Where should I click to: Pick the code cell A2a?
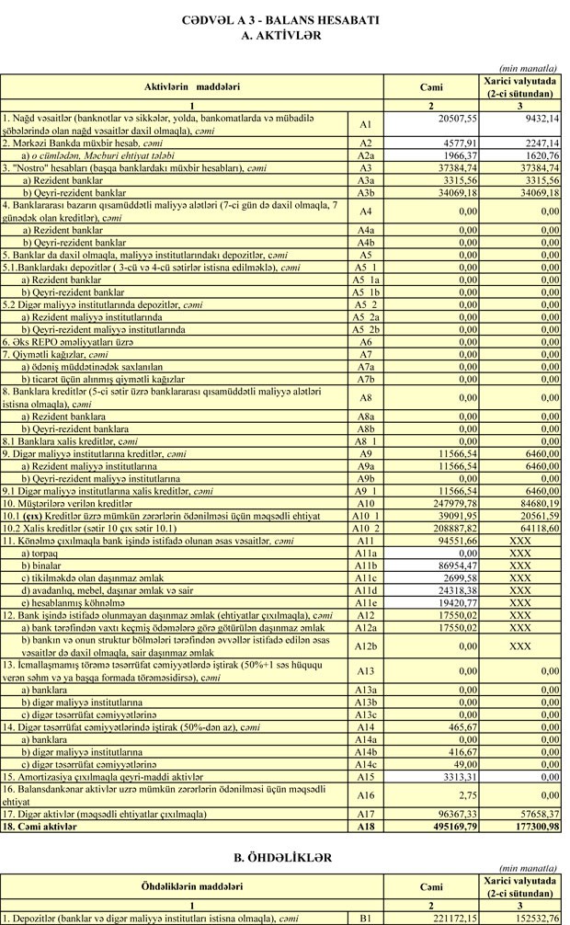(365, 155)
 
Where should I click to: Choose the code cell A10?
(365, 503)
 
